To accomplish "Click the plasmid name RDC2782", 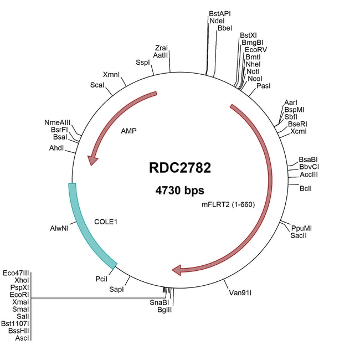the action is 180,168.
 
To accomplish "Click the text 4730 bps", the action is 179,191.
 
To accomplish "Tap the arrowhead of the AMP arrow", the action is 92,160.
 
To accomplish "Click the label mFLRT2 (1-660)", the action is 228,204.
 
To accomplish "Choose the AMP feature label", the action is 128,131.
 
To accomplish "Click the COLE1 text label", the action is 106,222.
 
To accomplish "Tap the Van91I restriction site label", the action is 240,293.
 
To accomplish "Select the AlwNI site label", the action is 59,228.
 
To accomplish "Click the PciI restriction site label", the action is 101,279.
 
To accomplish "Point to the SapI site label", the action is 116,289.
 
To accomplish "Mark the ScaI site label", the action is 97,85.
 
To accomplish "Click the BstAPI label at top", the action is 220,13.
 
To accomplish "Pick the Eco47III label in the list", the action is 16,273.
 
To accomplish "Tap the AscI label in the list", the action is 22,338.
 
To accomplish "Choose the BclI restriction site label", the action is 306,189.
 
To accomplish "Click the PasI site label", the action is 263,86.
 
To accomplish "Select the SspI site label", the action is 142,62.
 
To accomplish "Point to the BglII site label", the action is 164,310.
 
